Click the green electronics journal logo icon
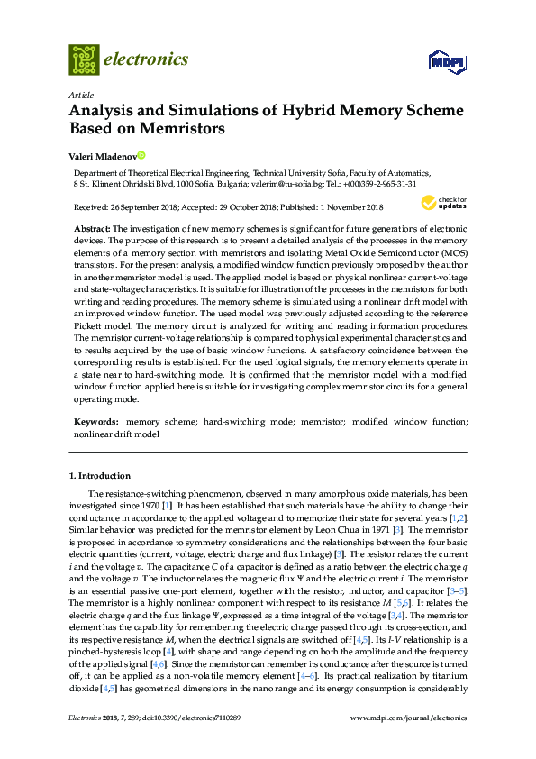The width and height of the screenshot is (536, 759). (x=84, y=59)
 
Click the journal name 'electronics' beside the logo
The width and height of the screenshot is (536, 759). (x=146, y=59)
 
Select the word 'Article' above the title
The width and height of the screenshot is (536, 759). (x=81, y=95)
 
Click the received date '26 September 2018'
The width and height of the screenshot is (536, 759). (x=149, y=207)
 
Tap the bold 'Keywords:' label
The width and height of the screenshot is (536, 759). (x=95, y=421)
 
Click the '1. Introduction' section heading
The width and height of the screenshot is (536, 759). (x=99, y=474)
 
